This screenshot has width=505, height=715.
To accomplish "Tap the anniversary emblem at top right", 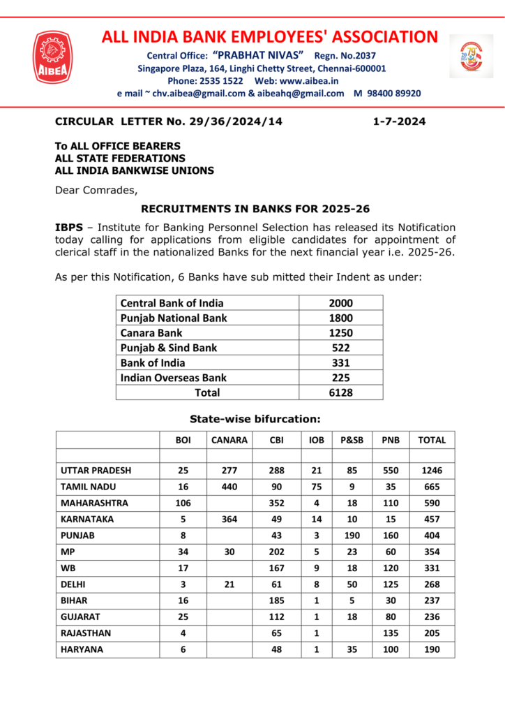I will (471, 56).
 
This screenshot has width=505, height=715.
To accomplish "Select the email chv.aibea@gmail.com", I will (195, 93).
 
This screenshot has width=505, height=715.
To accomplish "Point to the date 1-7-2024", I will (399, 121).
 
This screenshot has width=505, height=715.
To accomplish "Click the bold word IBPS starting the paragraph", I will (69, 228).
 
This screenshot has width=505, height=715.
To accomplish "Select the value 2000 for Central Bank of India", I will (340, 303).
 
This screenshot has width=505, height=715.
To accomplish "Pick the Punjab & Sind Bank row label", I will (169, 348).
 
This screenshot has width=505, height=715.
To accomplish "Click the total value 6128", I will (340, 392).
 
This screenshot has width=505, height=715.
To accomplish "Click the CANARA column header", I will (230, 440).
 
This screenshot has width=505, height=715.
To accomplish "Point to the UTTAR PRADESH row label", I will (96, 471).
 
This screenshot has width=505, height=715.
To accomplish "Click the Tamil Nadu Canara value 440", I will (230, 487).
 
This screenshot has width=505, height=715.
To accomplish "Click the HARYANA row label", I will (82, 649).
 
